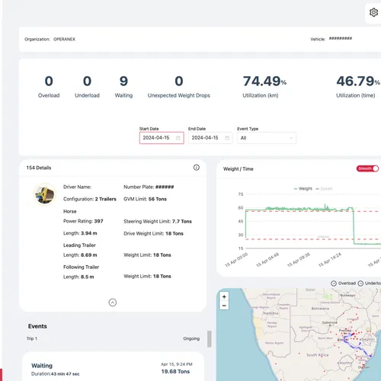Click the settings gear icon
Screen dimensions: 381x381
373,12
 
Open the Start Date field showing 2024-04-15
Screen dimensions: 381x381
161,138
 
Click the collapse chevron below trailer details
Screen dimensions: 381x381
113,303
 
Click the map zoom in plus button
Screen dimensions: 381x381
223,296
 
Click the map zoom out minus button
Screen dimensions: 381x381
223,306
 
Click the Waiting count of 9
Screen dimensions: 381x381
123,82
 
